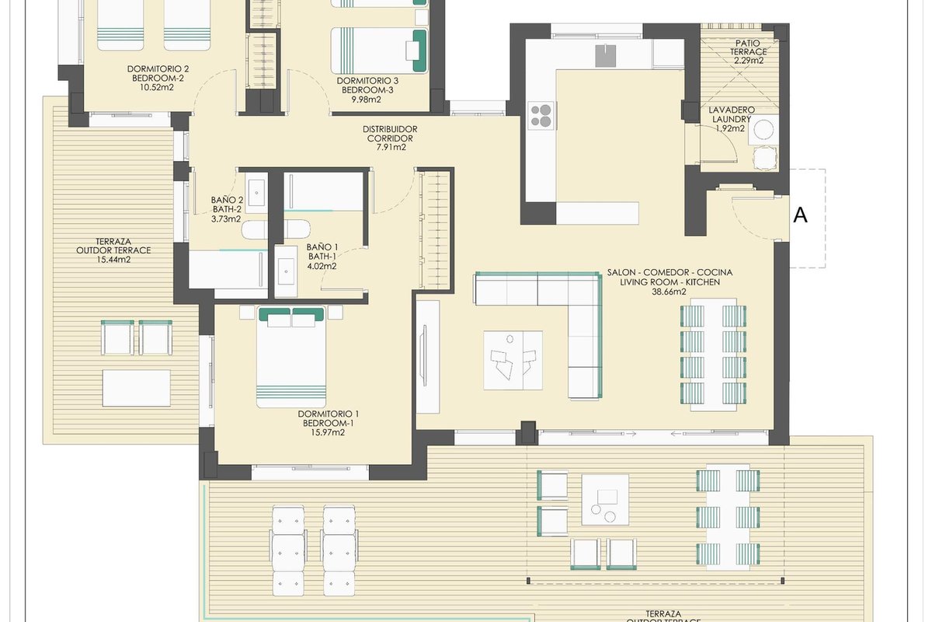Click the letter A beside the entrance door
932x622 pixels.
point(800,215)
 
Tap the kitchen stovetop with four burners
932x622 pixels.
point(541,115)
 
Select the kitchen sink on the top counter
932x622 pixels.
point(605,56)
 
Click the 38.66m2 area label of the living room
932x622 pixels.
point(669,292)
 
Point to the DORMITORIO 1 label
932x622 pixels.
point(329,414)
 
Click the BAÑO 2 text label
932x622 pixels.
point(227,200)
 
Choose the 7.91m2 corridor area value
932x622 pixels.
point(391,147)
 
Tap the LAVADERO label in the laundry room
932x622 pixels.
point(732,110)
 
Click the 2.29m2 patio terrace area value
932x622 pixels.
point(749,61)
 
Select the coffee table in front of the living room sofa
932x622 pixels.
point(513,360)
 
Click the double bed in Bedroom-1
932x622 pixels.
point(290,357)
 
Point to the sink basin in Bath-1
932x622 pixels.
point(286,271)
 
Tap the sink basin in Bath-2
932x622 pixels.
point(256,193)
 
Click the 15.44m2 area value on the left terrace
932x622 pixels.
point(113,260)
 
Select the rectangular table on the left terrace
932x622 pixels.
point(137,388)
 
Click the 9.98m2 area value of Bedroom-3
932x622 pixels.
point(366,100)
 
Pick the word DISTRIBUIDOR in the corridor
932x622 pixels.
point(390,129)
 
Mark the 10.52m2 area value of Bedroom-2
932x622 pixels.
point(156,88)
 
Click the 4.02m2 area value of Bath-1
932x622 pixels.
point(322,266)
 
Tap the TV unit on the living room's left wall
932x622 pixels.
point(428,357)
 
